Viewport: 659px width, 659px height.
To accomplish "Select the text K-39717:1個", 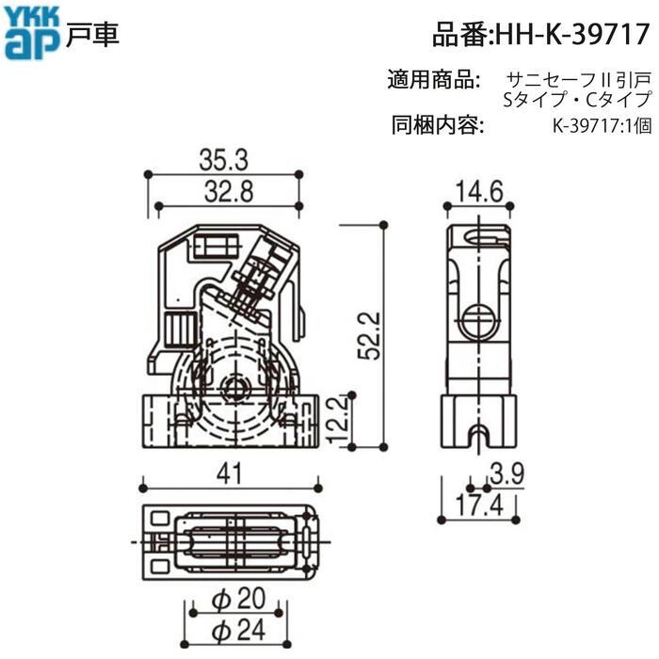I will point(602,123).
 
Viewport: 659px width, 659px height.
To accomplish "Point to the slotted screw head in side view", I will point(480,319).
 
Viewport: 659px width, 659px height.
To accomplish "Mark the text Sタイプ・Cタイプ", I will point(578,98).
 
